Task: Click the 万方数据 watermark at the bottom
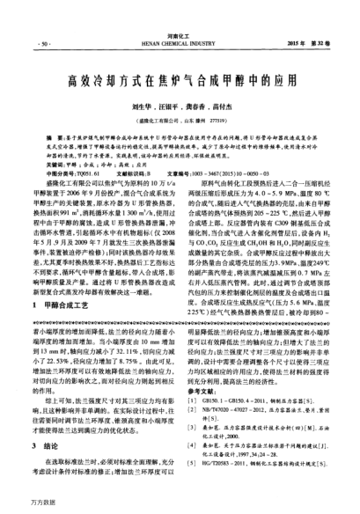point(19,506)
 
